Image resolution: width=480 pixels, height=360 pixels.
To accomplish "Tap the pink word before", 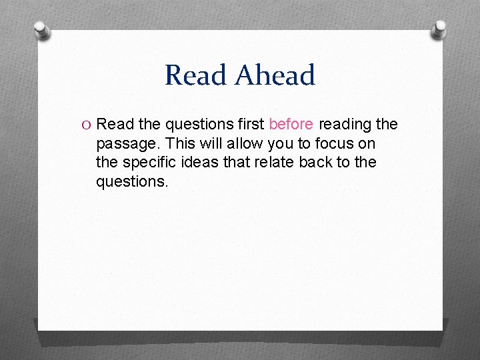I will [x=291, y=124].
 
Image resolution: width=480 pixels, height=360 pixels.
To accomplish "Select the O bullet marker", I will [x=87, y=125].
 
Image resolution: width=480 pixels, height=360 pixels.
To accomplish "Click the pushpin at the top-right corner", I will [x=440, y=27].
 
